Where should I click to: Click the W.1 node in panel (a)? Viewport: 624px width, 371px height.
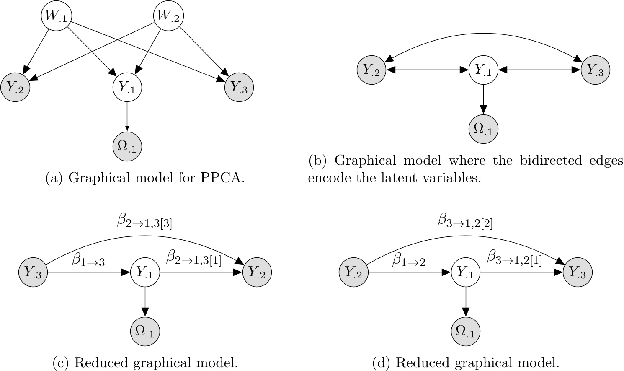tap(56, 17)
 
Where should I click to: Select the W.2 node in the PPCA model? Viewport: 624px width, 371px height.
tap(169, 17)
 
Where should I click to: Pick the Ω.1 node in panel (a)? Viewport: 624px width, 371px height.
tap(127, 147)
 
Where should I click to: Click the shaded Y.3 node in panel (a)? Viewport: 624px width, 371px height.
tap(239, 88)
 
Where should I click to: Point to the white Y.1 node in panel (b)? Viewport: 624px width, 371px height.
tap(483, 70)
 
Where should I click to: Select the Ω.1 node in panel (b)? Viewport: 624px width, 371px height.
tap(483, 130)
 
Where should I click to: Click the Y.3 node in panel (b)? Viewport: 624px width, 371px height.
tap(595, 70)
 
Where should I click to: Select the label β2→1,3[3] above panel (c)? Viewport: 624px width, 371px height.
tap(144, 221)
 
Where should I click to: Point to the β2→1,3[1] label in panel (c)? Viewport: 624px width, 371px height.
tap(193, 257)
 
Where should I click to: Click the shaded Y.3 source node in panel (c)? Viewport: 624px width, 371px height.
tap(33, 272)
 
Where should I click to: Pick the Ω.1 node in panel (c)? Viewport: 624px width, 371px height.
tap(145, 332)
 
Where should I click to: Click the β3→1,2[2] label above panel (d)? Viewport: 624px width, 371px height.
tap(465, 221)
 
